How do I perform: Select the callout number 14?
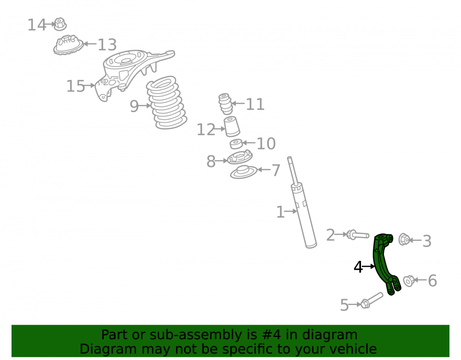click(37, 25)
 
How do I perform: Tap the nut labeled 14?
click(60, 24)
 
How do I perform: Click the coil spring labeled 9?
click(167, 103)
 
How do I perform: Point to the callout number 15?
click(76, 86)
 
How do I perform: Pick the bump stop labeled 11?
click(225, 104)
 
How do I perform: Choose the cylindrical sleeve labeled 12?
click(232, 126)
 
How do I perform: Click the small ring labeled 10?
click(236, 144)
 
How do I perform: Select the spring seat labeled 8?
click(240, 157)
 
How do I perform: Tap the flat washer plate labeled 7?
click(244, 172)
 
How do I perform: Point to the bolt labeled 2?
click(358, 235)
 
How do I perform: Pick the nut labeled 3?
click(404, 239)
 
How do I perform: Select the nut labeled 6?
click(408, 281)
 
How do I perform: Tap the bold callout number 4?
click(358, 267)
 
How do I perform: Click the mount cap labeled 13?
click(68, 45)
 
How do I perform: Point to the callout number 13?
click(107, 45)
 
